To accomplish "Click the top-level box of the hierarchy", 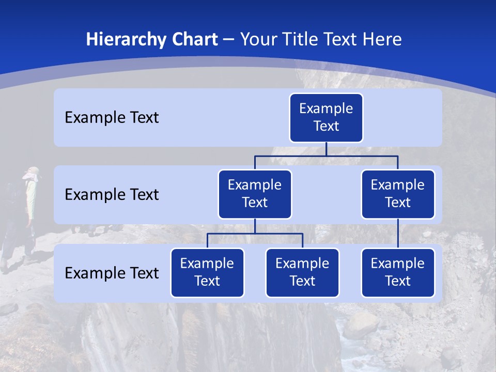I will click(x=326, y=117).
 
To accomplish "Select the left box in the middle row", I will click(x=255, y=194).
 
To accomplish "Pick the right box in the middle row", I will click(x=398, y=194).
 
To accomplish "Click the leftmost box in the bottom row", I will click(x=207, y=272).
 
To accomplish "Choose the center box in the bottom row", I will click(x=302, y=272).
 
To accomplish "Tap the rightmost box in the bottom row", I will click(x=398, y=272).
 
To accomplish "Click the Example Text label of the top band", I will click(x=112, y=118).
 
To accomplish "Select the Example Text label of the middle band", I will click(x=112, y=195).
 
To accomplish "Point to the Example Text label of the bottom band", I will click(x=112, y=273).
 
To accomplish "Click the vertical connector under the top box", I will click(x=326, y=149).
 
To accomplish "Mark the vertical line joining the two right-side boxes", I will click(x=398, y=233).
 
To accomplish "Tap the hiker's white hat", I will click(x=33, y=171).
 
